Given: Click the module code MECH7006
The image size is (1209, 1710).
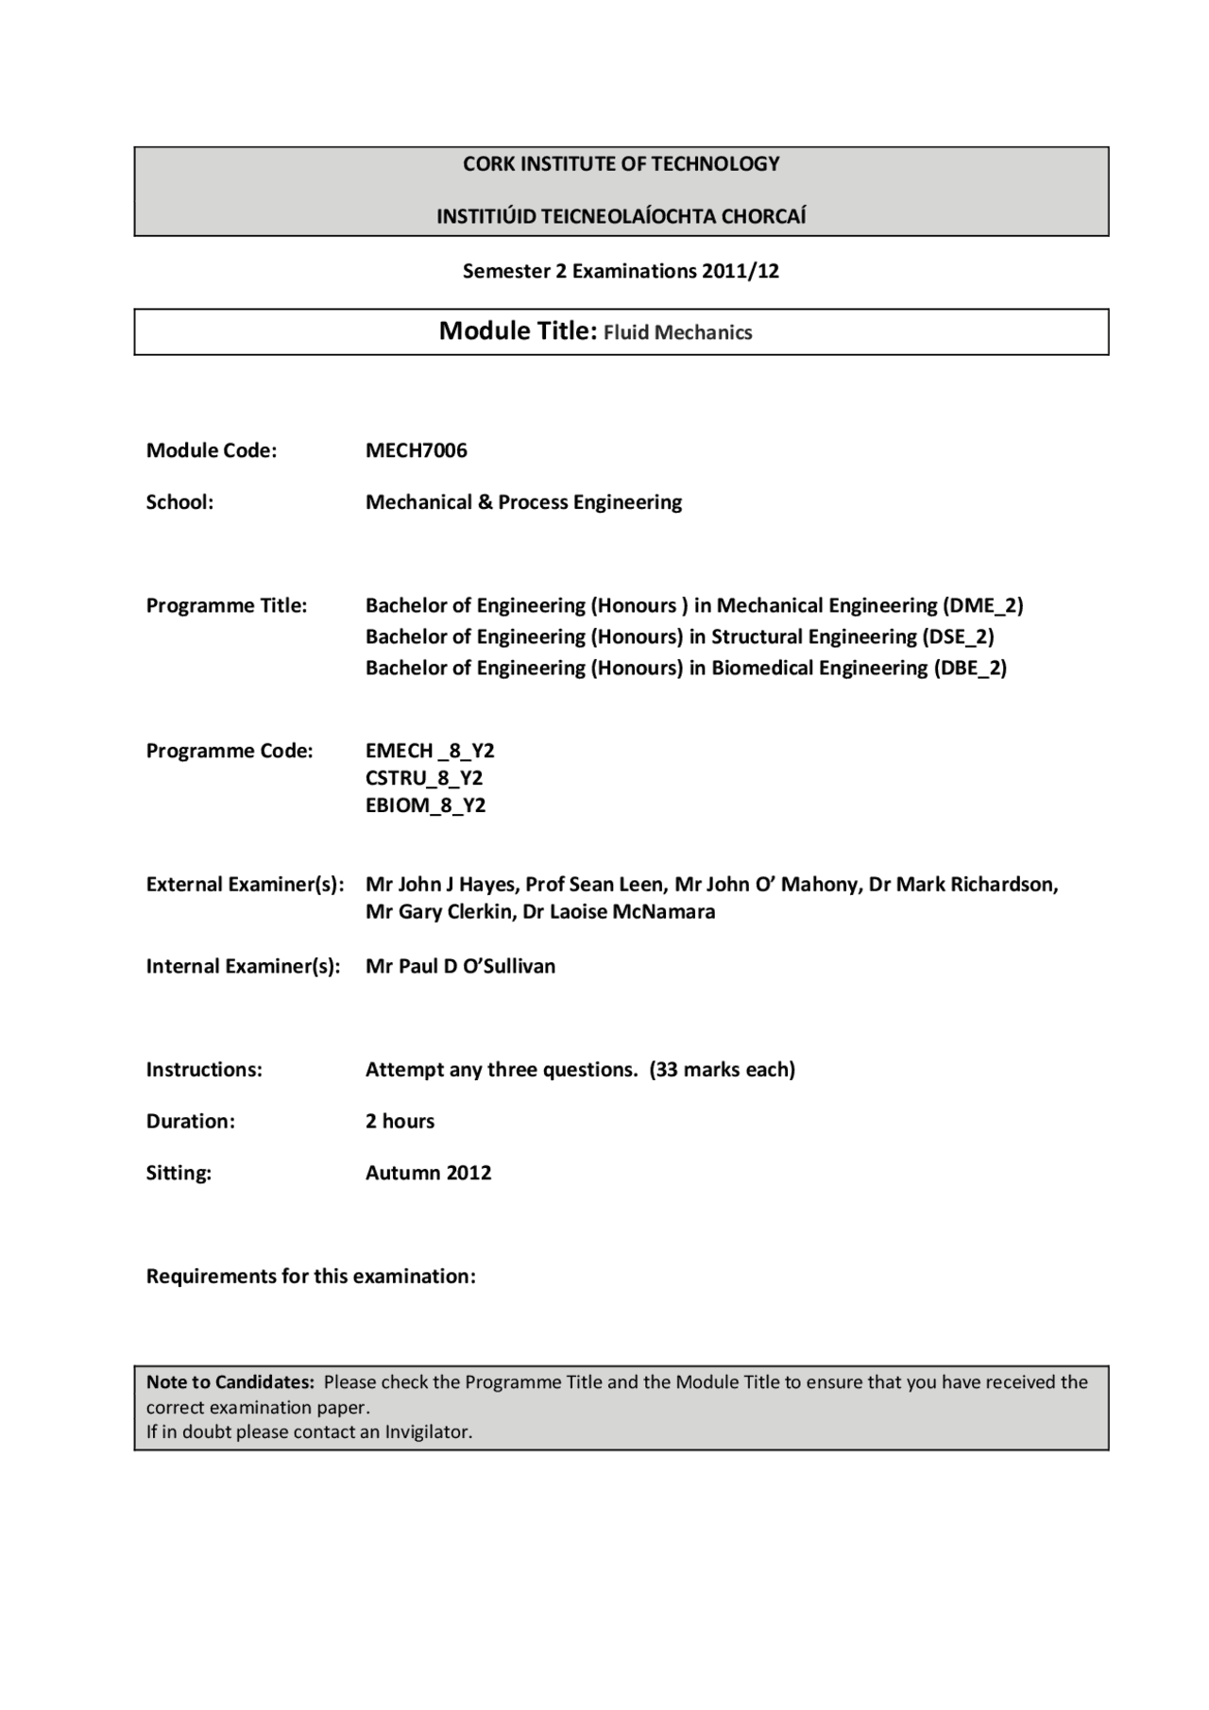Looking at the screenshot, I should coord(416,450).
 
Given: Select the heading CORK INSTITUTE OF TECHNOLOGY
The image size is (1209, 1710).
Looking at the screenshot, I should coord(621,164).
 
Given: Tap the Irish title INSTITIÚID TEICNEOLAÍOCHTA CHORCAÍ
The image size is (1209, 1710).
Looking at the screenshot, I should coord(621,216).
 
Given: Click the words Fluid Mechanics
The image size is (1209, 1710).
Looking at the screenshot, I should coord(677,332).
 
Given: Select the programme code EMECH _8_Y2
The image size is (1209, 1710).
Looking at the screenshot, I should coord(430,751).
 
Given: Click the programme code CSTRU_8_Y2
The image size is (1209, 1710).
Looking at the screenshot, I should coord(424,778).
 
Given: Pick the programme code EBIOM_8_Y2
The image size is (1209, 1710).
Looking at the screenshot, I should coord(425,805).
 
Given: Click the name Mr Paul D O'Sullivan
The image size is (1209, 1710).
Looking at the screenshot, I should coord(460,966).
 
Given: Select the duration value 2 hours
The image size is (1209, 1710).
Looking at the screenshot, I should coord(400,1121).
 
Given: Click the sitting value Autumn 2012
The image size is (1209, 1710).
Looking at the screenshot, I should coord(428,1173).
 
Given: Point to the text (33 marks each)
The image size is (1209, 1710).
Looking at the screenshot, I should coord(722,1070).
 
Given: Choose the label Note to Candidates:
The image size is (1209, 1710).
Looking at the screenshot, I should coord(230,1382).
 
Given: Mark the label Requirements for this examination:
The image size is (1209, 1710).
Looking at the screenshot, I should coord(311,1277).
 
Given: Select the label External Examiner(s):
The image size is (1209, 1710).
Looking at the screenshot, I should coord(245,885).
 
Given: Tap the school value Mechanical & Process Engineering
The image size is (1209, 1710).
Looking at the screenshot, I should coord(523,502).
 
